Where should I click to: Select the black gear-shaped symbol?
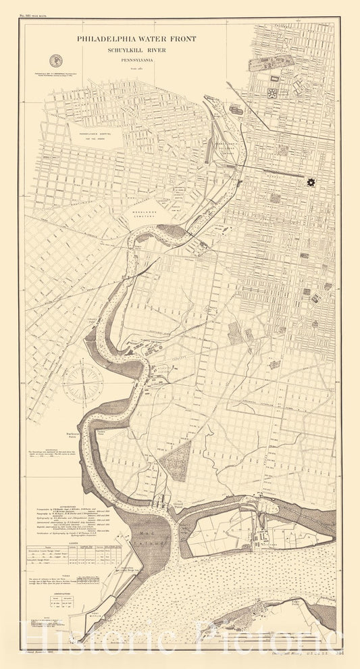click(311, 182)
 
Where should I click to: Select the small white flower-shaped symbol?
click(273, 93)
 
